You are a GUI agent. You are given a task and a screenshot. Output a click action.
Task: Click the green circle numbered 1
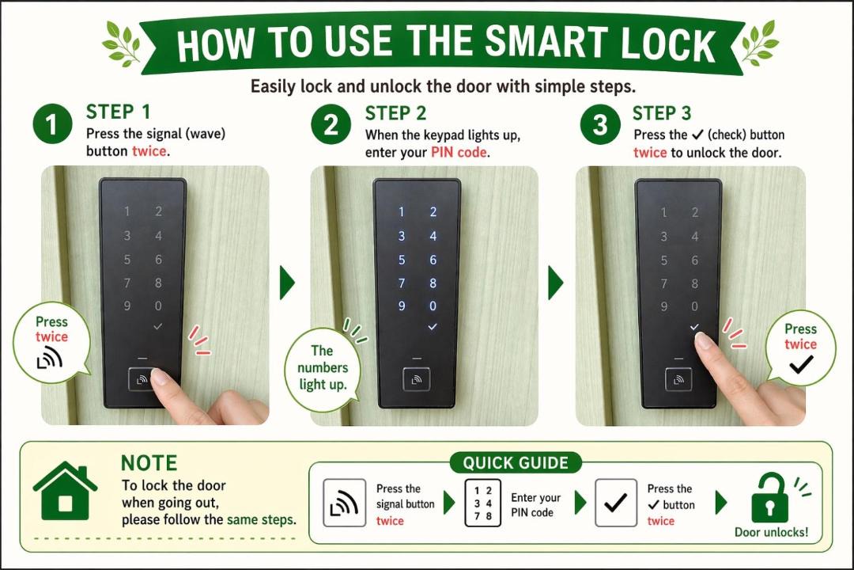[52, 124]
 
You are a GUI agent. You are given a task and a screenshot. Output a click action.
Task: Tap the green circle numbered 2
[331, 125]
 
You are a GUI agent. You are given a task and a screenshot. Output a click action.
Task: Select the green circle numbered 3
[599, 125]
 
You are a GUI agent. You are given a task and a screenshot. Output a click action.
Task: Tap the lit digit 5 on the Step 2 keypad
[402, 260]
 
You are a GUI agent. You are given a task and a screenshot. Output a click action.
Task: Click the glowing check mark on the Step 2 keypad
[433, 327]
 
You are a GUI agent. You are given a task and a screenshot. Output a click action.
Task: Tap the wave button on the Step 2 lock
[417, 380]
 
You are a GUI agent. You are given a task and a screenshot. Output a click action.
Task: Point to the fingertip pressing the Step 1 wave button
[160, 377]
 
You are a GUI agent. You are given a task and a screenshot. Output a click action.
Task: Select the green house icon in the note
[65, 490]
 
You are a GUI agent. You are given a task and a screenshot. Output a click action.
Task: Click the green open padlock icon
[769, 498]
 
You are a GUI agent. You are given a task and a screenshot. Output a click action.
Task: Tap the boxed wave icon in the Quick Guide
[344, 503]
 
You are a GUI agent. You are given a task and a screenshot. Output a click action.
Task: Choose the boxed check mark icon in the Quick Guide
[616, 503]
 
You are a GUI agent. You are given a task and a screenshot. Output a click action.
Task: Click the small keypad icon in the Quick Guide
[483, 503]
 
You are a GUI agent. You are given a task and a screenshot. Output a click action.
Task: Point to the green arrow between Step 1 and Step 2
[287, 283]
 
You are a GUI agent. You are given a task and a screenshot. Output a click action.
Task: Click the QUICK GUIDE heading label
[516, 463]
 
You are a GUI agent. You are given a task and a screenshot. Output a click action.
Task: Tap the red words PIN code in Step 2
[459, 152]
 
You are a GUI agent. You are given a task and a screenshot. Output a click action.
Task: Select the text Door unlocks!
[771, 532]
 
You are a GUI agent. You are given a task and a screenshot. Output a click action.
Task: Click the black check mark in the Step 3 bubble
[801, 363]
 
